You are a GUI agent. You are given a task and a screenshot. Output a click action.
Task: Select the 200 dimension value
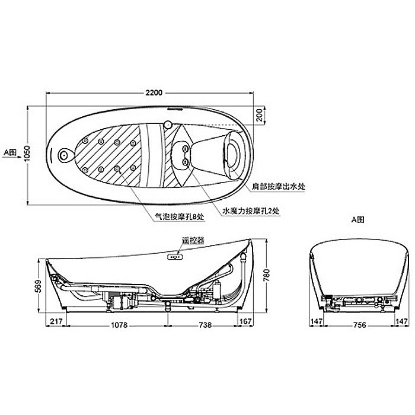coord(258,115)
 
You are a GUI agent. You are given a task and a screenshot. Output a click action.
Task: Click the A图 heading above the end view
coord(357,219)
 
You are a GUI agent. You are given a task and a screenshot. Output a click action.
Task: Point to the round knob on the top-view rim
coord(168,125)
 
